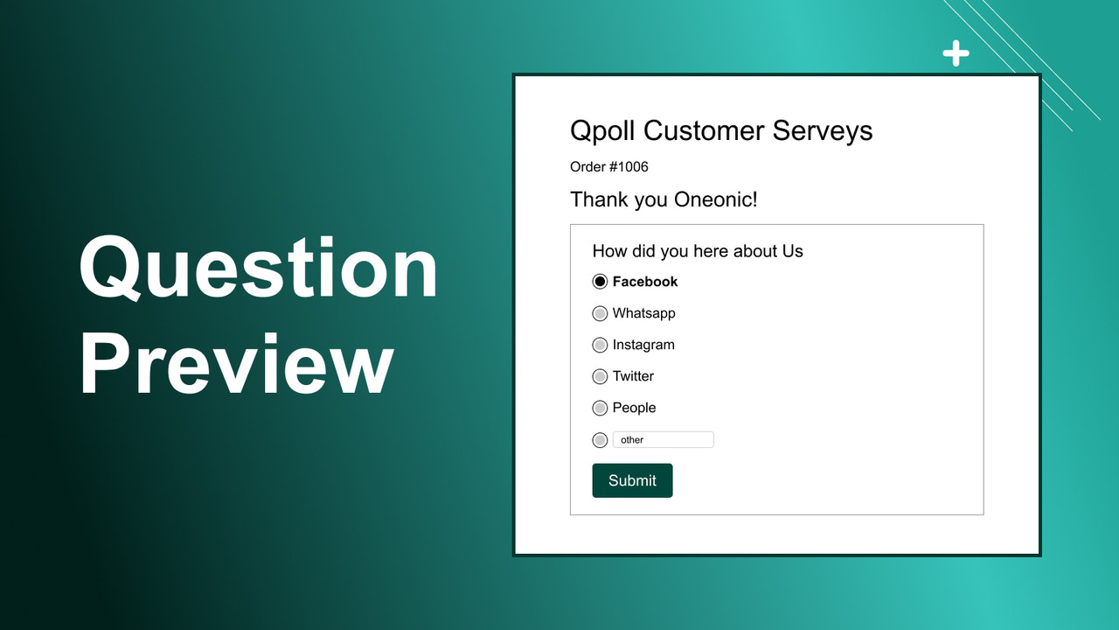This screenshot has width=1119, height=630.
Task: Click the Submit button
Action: click(x=632, y=480)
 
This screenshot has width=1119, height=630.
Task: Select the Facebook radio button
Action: click(x=600, y=282)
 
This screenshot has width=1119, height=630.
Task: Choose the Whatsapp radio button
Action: click(x=600, y=313)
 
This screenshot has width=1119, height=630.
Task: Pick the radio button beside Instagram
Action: click(x=600, y=345)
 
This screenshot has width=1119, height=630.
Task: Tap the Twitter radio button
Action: click(x=600, y=376)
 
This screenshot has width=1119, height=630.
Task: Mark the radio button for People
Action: click(x=600, y=408)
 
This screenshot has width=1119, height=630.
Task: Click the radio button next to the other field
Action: click(x=600, y=440)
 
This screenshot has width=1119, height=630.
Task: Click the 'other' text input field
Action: click(x=663, y=440)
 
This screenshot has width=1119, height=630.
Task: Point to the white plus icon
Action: click(x=956, y=53)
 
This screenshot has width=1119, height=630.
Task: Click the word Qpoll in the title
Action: click(x=603, y=131)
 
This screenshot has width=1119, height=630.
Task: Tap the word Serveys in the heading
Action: click(x=822, y=131)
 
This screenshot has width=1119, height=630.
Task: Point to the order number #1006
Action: click(x=628, y=167)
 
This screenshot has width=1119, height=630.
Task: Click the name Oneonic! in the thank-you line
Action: click(x=716, y=199)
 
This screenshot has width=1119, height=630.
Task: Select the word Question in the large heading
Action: click(x=259, y=269)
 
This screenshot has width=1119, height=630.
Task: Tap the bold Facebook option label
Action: click(x=645, y=282)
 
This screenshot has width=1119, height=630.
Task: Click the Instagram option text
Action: click(x=643, y=345)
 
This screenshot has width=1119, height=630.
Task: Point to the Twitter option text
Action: click(x=633, y=376)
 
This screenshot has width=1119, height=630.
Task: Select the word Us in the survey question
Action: click(x=792, y=251)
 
